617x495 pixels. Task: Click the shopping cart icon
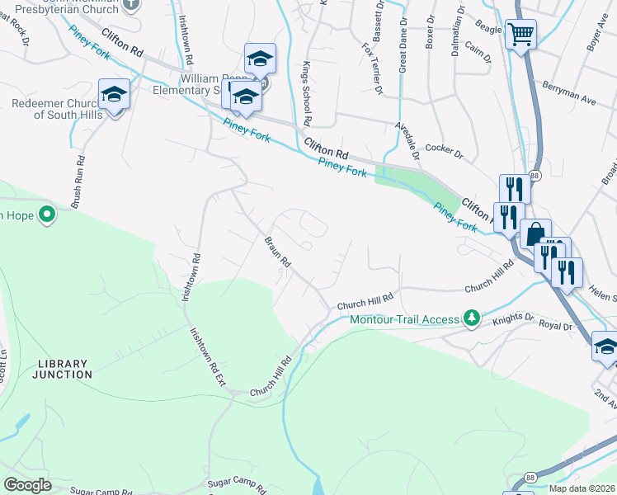520,35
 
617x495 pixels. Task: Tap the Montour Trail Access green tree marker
471,318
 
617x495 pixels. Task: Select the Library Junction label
63,369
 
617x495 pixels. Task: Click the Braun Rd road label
278,252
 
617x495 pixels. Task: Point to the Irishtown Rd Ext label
210,360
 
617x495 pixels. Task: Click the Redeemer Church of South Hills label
57,109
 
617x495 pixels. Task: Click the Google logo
27,485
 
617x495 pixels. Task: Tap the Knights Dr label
514,316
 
